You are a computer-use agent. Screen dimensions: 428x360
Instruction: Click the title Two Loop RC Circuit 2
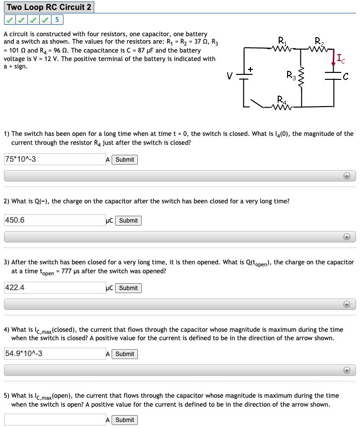tap(49, 7)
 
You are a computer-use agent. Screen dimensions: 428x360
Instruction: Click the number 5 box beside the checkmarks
tap(57, 20)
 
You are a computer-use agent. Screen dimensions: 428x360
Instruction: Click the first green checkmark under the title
tap(9, 20)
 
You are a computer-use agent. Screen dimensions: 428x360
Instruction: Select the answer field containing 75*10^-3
tap(54, 159)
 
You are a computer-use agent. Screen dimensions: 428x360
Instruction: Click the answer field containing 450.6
tap(54, 220)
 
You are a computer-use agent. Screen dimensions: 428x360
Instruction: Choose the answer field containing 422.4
tap(54, 288)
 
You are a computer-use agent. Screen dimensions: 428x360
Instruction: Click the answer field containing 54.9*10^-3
tap(54, 354)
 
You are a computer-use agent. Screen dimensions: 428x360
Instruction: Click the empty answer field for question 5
tap(54, 420)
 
